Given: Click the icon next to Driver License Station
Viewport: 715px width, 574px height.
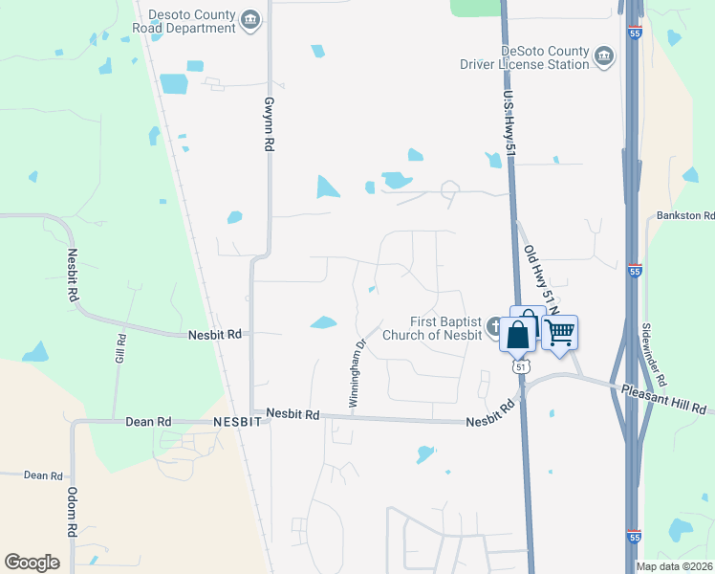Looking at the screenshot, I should click(x=604, y=57).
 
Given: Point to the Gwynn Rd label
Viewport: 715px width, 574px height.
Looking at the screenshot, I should click(x=270, y=125).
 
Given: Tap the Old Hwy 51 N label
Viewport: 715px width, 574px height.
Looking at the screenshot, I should click(x=541, y=283).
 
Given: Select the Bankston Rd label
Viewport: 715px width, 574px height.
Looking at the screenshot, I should click(x=685, y=217).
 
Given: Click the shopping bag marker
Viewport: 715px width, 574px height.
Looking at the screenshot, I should click(x=518, y=336).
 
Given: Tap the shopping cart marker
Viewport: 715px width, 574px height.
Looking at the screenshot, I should click(x=559, y=333).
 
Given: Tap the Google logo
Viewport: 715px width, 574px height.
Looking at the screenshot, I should click(x=32, y=563).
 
